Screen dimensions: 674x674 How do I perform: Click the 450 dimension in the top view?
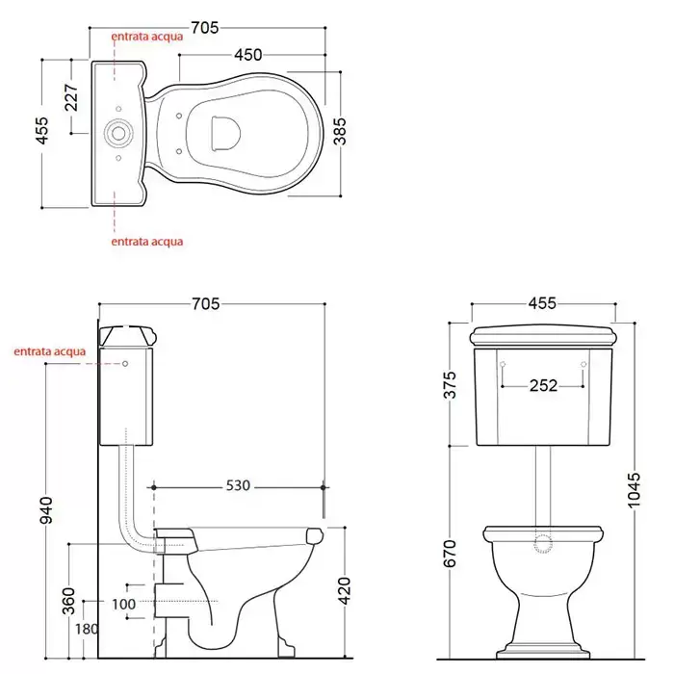(x=248, y=55)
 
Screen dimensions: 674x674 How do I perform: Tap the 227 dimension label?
(x=71, y=97)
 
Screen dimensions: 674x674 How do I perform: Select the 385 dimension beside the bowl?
(x=339, y=132)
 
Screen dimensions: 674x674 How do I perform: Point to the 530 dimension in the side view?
(x=238, y=485)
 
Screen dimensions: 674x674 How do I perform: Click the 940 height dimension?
(x=46, y=510)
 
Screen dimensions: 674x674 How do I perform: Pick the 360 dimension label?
(x=68, y=601)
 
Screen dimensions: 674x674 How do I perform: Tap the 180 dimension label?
(x=87, y=629)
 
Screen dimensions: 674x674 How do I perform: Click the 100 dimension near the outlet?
(x=123, y=604)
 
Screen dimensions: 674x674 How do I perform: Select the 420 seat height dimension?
(x=345, y=590)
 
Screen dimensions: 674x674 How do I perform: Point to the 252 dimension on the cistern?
(x=543, y=385)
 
